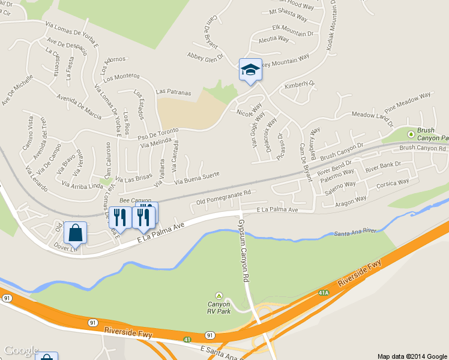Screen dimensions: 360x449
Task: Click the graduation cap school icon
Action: point(250,70)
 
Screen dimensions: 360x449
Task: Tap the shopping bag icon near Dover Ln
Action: point(75,232)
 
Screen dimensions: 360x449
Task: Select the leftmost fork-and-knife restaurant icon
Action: point(121,218)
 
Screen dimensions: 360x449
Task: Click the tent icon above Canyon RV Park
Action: point(219,296)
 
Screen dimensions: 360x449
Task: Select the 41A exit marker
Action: point(324,293)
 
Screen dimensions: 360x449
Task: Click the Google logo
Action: point(21,351)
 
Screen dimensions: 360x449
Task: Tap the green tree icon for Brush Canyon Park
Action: point(411,134)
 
